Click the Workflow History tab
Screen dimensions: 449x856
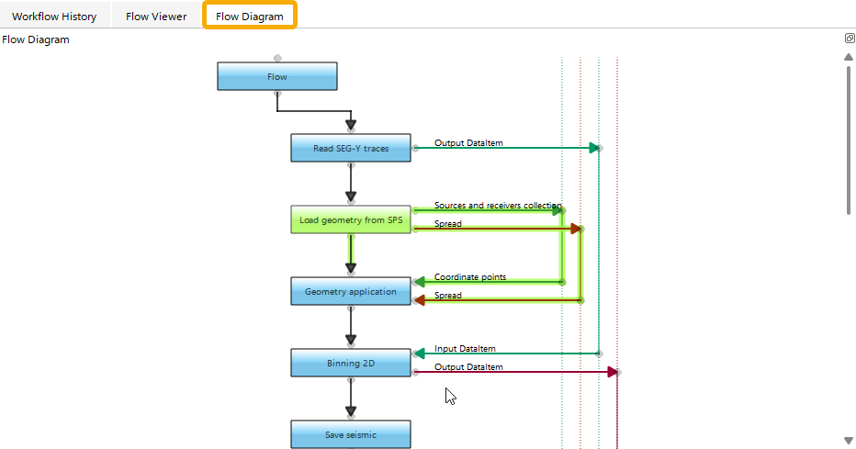[54, 17]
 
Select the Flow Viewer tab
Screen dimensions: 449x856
[156, 17]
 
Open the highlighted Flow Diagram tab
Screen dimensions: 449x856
[249, 17]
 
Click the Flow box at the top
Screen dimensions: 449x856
[277, 76]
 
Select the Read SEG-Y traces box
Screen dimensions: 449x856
[351, 148]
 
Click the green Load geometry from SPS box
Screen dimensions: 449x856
[351, 219]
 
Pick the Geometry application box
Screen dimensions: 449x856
[351, 291]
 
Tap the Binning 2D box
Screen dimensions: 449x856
[351, 363]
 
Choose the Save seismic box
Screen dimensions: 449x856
[351, 434]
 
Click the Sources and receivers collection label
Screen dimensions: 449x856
[497, 206]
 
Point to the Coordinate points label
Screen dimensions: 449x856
[469, 277]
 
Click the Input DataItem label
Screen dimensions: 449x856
[465, 349]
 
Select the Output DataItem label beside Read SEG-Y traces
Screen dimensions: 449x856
[468, 143]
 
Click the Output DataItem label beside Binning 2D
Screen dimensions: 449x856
[468, 367]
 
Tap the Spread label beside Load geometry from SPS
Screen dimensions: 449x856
[448, 224]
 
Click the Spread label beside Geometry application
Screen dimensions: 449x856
[448, 296]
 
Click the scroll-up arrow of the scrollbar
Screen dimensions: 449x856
[849, 57]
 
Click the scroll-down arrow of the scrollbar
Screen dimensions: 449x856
[849, 441]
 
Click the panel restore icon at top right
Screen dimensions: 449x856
[850, 39]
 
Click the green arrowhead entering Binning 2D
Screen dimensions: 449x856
[419, 354]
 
